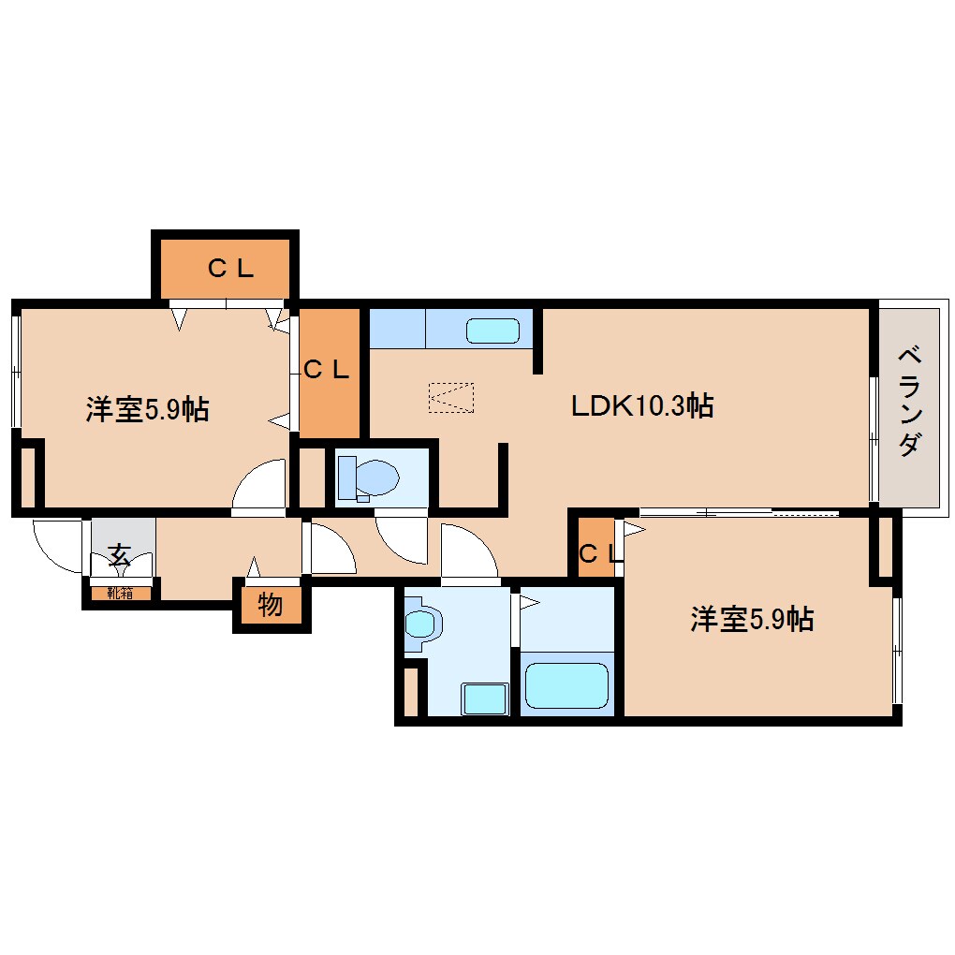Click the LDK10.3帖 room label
coord(643,406)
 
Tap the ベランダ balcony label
coord(907,401)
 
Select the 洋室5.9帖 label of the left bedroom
coord(147,409)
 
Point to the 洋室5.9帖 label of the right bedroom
coord(752,619)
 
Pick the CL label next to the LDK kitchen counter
coord(326,370)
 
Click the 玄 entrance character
coord(119,553)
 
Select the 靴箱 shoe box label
coord(120,592)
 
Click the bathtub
coord(566,686)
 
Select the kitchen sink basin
coord(492,331)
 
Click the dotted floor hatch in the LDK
coord(450,397)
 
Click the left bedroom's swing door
coord(261,486)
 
